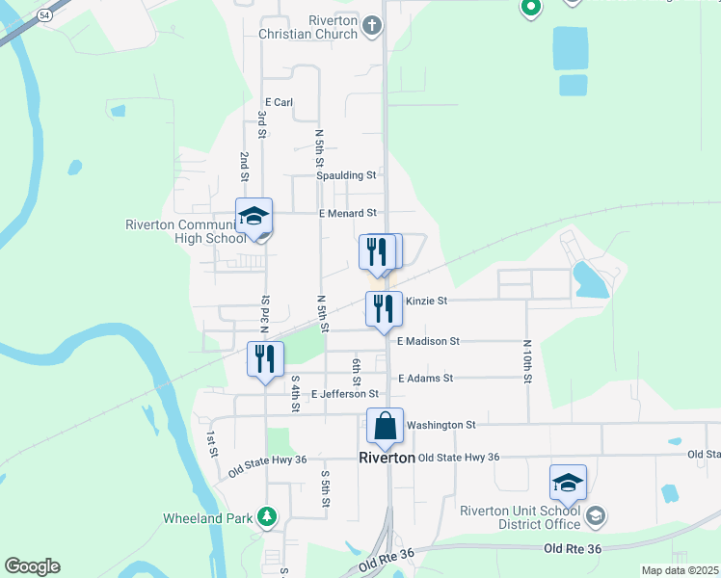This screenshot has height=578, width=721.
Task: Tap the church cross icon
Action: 374,33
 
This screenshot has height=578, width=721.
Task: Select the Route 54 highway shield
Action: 44,15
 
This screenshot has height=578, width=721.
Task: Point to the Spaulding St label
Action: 346,175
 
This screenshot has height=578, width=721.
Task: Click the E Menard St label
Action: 347,213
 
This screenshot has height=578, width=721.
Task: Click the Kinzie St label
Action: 427,301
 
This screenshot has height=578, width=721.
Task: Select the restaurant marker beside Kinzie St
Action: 384,309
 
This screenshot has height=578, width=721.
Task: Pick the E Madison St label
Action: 428,341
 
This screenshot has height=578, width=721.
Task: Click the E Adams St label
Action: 424,379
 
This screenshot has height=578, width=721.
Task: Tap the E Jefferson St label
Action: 344,394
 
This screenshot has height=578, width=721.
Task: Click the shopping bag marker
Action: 385,425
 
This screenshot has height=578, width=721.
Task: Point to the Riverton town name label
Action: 386,459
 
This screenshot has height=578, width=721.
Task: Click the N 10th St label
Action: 527,361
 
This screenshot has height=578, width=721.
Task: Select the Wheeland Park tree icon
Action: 267,518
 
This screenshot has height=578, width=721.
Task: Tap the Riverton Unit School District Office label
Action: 521,517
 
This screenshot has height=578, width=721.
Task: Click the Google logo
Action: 32,566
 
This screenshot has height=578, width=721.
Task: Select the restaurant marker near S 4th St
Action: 265,359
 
